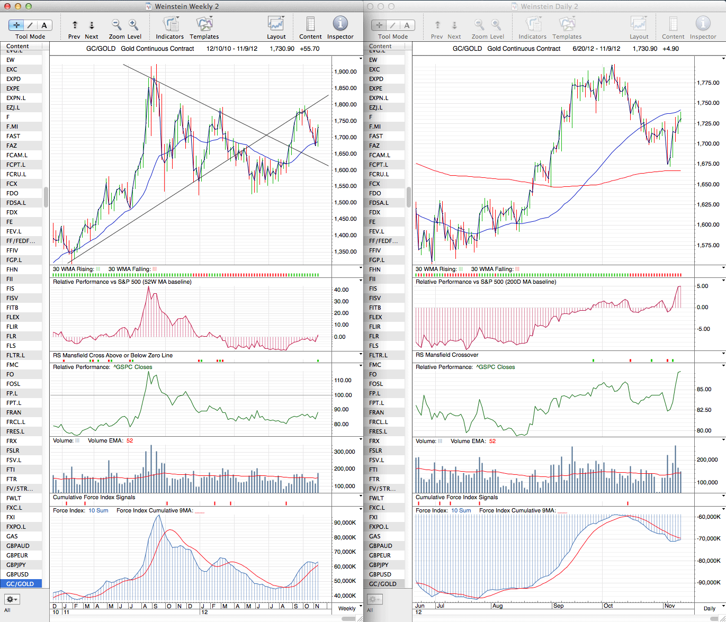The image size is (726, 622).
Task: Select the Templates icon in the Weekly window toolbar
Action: tap(204, 24)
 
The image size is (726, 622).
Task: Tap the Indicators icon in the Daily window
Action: tap(533, 24)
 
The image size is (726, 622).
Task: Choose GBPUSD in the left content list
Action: tap(17, 574)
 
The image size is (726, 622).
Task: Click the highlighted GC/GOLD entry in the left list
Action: tap(20, 584)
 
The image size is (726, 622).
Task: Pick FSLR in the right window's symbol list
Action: tap(375, 450)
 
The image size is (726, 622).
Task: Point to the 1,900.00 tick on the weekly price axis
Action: tap(345, 71)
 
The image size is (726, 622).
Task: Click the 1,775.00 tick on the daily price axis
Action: tap(708, 83)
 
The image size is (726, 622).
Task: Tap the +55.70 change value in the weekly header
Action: tap(309, 49)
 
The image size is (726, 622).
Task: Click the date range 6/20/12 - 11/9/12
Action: tap(596, 49)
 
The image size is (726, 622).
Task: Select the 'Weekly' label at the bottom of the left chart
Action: tap(347, 608)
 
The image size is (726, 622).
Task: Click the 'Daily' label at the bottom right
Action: tap(710, 608)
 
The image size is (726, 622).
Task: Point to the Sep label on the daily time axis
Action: tap(558, 606)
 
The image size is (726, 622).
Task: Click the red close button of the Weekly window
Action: tap(7, 6)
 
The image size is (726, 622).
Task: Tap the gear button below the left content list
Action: tap(12, 599)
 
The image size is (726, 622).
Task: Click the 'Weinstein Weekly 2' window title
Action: tap(186, 6)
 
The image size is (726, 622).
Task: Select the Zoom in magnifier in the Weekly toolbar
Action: tap(133, 24)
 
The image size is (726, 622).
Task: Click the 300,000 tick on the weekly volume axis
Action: tap(345, 452)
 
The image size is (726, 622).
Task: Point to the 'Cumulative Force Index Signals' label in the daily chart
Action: tap(456, 497)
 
